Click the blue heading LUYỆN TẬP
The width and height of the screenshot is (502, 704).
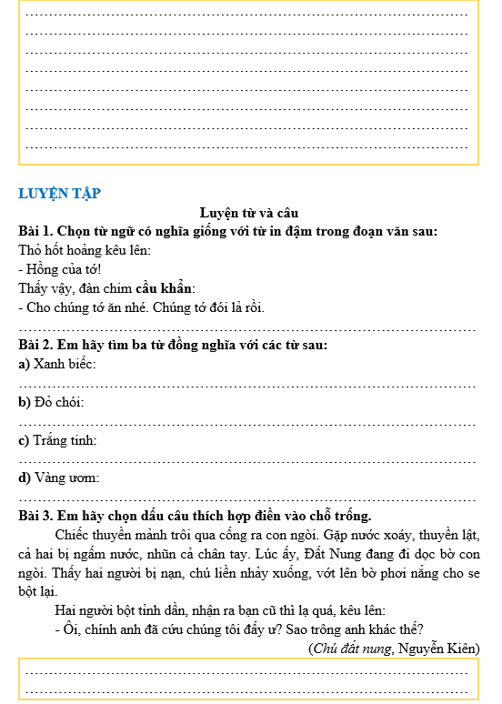59,193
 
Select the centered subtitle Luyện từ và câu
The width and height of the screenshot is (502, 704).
250,213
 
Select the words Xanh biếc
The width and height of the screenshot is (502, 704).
65,365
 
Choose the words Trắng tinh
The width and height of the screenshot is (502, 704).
65,440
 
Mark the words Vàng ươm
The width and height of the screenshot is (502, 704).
66,478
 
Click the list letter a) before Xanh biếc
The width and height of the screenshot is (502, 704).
25,365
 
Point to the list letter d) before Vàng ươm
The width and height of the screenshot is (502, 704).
25,478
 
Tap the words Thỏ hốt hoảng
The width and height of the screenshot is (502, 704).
59,250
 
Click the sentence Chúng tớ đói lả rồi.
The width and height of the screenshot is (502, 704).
200,307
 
